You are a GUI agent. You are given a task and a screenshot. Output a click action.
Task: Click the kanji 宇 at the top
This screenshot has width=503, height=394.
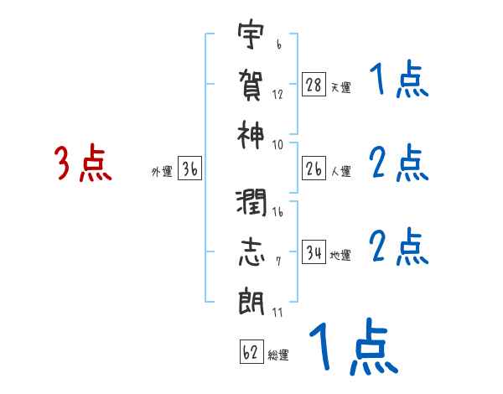(250, 39)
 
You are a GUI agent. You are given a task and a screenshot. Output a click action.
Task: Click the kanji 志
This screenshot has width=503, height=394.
(250, 253)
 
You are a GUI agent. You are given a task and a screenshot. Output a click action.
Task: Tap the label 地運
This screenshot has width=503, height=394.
(341, 256)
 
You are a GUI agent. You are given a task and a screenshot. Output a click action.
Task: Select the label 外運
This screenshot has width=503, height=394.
(161, 172)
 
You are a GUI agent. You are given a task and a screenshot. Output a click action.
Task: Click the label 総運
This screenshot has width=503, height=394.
(278, 355)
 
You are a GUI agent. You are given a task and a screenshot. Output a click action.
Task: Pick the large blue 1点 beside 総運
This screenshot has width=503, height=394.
(352, 348)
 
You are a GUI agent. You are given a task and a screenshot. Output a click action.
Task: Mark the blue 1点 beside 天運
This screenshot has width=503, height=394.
(399, 80)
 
